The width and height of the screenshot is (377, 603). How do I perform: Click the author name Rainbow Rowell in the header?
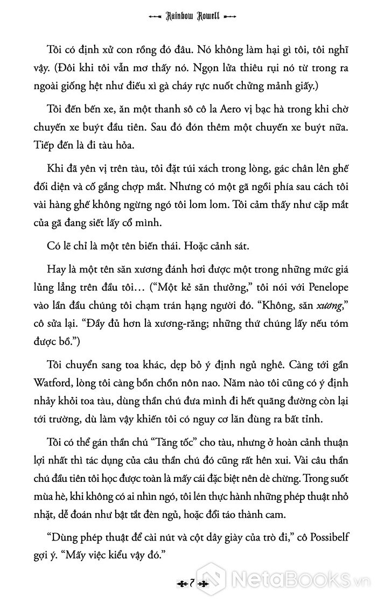[x=188, y=17]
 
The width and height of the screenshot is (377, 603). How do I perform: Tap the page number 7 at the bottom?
[x=188, y=582]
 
